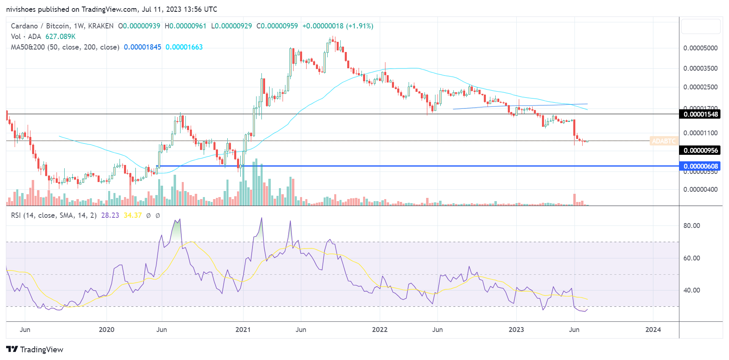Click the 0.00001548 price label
click(x=701, y=114)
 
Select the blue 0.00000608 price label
click(x=701, y=166)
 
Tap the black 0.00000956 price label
click(x=701, y=150)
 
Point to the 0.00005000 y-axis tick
click(x=700, y=48)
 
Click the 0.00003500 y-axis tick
click(x=700, y=68)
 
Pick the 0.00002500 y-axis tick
click(x=700, y=87)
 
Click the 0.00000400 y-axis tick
click(x=700, y=189)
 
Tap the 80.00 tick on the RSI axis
click(x=692, y=226)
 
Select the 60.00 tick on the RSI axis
click(x=692, y=258)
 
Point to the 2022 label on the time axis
click(x=380, y=330)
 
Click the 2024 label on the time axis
click(x=653, y=330)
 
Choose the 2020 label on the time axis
click(x=107, y=330)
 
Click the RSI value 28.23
click(x=110, y=215)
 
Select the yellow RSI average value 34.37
click(x=133, y=215)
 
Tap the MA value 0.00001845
click(x=142, y=47)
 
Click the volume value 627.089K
click(x=60, y=37)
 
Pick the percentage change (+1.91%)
click(x=359, y=26)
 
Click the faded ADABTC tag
click(x=664, y=141)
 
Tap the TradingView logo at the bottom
click(x=35, y=349)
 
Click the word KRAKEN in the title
click(x=101, y=26)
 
